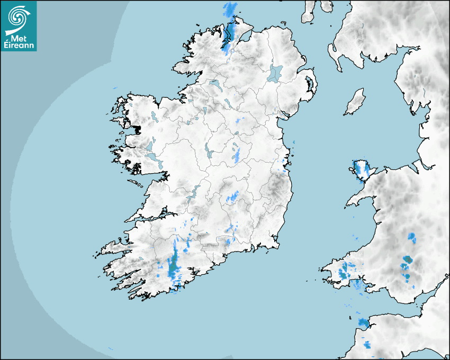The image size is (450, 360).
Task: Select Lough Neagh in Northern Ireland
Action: click(x=275, y=73)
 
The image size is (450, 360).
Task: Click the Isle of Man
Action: click(x=355, y=102)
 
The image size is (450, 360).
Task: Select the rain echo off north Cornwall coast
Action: click(x=363, y=322)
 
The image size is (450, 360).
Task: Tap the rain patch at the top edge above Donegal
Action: click(x=230, y=8)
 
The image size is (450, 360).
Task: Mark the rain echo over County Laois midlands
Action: click(x=233, y=197)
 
